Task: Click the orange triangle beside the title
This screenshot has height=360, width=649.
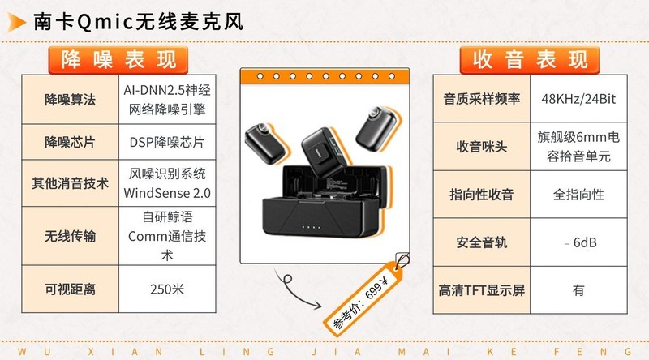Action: pos(15,23)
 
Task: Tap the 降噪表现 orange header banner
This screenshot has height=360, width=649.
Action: pos(118,60)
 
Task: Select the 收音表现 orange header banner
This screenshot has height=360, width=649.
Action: pos(530,60)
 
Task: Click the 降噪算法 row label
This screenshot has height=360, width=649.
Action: pos(71,100)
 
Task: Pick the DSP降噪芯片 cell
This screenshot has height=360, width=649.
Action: pos(167,143)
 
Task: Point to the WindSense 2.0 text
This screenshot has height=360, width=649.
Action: pos(167,193)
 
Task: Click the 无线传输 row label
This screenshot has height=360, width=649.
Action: pos(71,236)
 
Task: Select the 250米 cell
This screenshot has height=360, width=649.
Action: pos(167,289)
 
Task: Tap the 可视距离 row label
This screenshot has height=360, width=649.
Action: pos(71,289)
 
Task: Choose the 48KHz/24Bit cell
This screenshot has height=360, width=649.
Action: pos(578,99)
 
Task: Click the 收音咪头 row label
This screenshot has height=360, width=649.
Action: pos(482,147)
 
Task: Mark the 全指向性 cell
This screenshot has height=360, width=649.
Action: pos(578,195)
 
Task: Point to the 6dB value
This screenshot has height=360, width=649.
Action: pos(585,242)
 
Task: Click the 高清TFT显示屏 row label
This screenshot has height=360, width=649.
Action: pos(482,290)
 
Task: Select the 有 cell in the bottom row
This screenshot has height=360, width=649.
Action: pos(578,290)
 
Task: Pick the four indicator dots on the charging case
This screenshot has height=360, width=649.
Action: pos(312,227)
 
